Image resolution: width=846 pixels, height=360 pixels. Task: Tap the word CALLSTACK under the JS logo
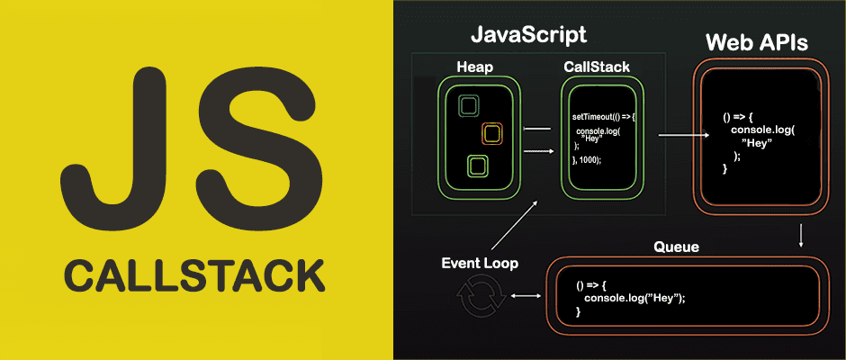point(194,274)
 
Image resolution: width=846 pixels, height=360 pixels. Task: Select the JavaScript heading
point(528,35)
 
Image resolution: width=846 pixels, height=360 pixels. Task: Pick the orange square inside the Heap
point(491,134)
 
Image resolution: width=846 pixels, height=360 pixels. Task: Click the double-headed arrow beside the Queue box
point(524,296)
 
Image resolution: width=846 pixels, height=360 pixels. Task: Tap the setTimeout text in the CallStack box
point(594,117)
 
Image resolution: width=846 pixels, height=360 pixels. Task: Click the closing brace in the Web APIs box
point(725,168)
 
